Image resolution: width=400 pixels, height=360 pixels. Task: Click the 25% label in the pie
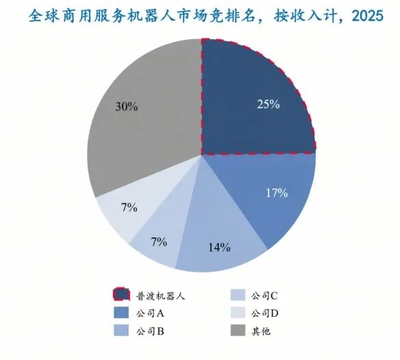click(x=268, y=104)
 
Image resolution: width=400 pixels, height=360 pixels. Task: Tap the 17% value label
click(x=277, y=193)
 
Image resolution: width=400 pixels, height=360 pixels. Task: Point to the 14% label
click(x=219, y=247)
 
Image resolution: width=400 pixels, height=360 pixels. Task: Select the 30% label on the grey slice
click(x=127, y=106)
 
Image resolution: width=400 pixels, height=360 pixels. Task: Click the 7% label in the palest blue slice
click(x=129, y=207)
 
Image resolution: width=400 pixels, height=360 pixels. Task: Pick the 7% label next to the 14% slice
click(x=159, y=242)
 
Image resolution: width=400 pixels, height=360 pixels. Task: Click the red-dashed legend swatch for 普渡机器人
click(x=121, y=294)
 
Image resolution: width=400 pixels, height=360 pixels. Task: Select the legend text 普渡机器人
click(x=160, y=296)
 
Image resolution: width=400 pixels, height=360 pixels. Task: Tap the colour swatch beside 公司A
click(x=121, y=313)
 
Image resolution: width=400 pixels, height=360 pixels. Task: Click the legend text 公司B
click(x=150, y=331)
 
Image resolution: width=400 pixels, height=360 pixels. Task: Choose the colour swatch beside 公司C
click(x=238, y=295)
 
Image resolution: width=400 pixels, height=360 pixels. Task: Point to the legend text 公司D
click(x=264, y=313)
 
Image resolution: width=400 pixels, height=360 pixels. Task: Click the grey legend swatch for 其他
click(x=238, y=330)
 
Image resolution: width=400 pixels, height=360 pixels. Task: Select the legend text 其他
click(x=261, y=331)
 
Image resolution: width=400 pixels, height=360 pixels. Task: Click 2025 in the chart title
click(x=367, y=16)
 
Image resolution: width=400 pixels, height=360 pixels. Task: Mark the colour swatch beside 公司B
click(x=121, y=330)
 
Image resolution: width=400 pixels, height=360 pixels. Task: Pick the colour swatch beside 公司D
click(x=238, y=313)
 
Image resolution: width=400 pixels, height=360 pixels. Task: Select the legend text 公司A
click(x=150, y=313)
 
